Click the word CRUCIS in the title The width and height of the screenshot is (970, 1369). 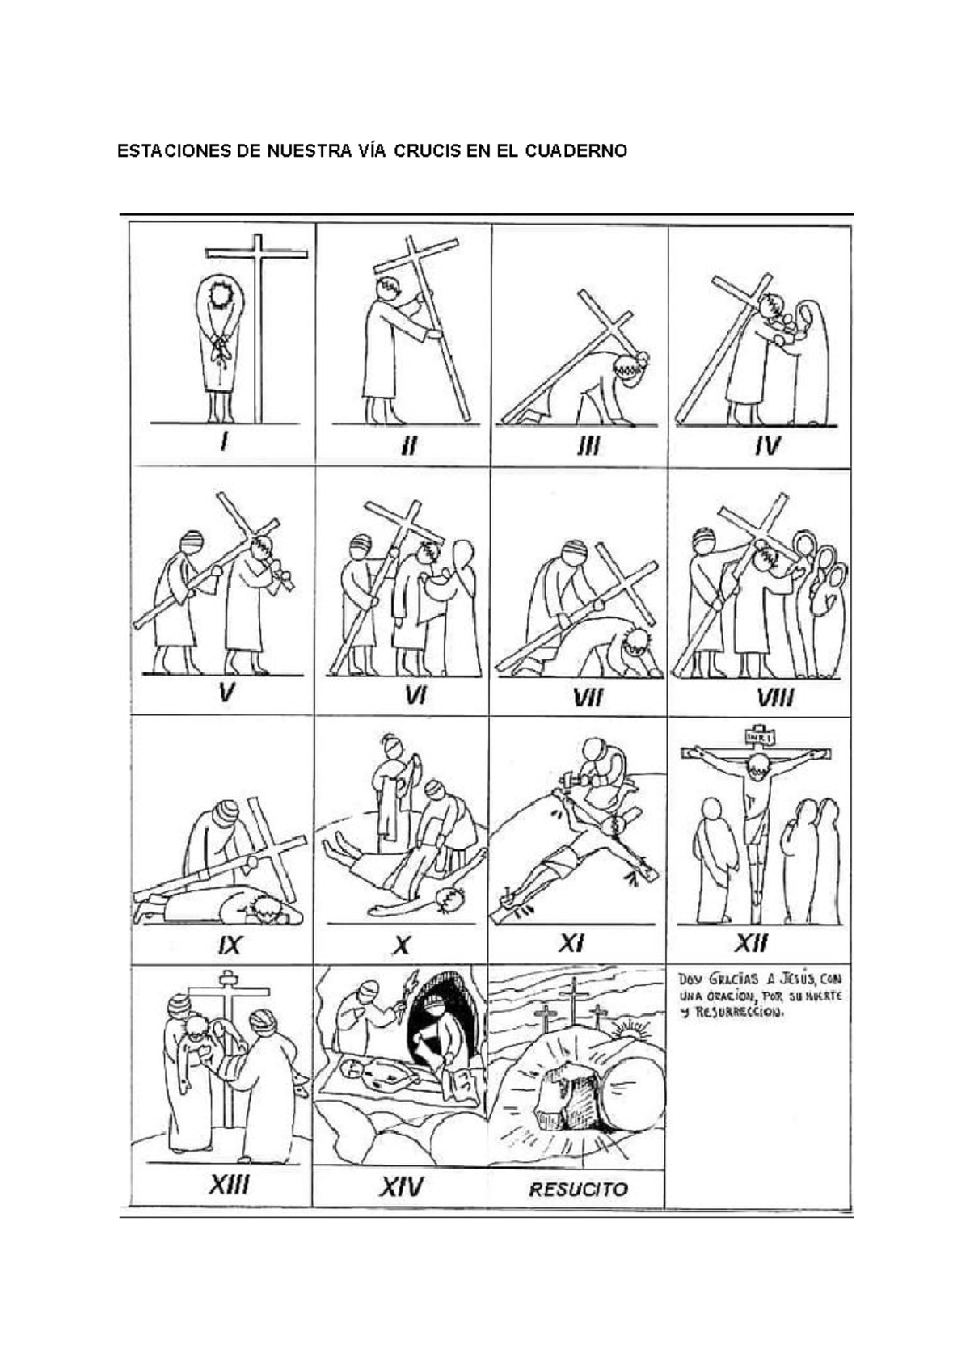[427, 151]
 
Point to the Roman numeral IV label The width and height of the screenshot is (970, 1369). [767, 446]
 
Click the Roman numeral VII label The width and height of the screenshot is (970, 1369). [588, 697]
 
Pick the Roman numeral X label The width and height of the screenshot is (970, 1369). [402, 946]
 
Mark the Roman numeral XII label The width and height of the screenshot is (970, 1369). [751, 944]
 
